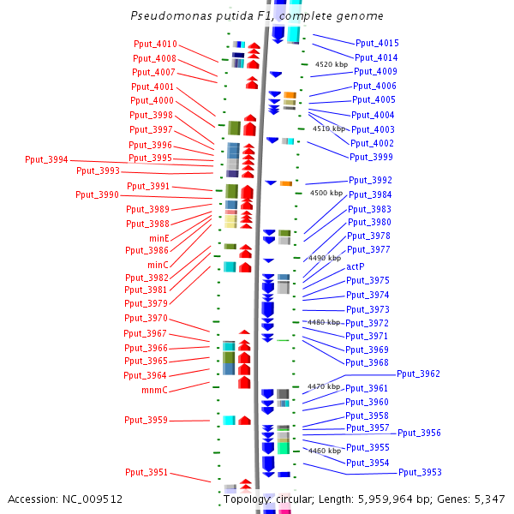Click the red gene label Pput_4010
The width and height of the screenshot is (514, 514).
click(x=155, y=44)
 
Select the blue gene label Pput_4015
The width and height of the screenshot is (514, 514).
click(x=377, y=43)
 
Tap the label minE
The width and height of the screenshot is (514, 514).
click(x=159, y=238)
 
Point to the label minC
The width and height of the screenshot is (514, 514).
click(x=158, y=265)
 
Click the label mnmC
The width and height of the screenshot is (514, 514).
click(x=154, y=390)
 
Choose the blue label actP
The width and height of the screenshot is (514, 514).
click(x=356, y=266)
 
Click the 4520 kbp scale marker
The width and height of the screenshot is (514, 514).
click(x=332, y=64)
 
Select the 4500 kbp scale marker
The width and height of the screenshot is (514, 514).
click(x=326, y=193)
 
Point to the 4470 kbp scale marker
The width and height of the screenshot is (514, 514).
click(x=324, y=387)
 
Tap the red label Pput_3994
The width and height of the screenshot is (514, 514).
click(x=46, y=159)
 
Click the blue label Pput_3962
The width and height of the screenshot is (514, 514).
click(x=418, y=374)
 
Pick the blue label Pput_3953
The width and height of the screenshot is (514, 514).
click(x=420, y=472)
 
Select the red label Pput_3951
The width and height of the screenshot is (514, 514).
click(x=146, y=472)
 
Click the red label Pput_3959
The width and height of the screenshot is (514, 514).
click(x=146, y=420)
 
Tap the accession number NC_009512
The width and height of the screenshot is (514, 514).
click(x=93, y=499)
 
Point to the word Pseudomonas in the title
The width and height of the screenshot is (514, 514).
click(x=171, y=15)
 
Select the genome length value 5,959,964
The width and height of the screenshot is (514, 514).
click(x=385, y=499)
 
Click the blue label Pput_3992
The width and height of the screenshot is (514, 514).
click(x=370, y=180)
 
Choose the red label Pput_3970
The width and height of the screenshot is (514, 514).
click(x=146, y=318)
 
